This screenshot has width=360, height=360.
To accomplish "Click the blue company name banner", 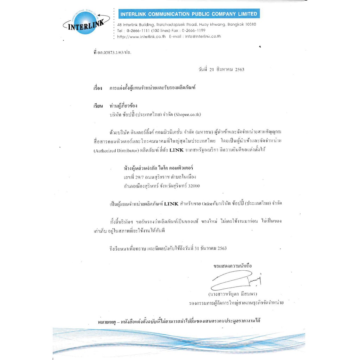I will (x=189, y=14).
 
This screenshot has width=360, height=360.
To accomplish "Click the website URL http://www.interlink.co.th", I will (x=141, y=36).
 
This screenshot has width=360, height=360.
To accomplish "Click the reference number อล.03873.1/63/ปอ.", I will (x=114, y=52).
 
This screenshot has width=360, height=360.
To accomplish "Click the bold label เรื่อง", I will (x=97, y=88).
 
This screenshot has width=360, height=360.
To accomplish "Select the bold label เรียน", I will (x=98, y=106).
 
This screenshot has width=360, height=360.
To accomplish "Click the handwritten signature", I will (x=236, y=280).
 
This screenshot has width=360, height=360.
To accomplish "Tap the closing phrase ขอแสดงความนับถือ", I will (x=233, y=266).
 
